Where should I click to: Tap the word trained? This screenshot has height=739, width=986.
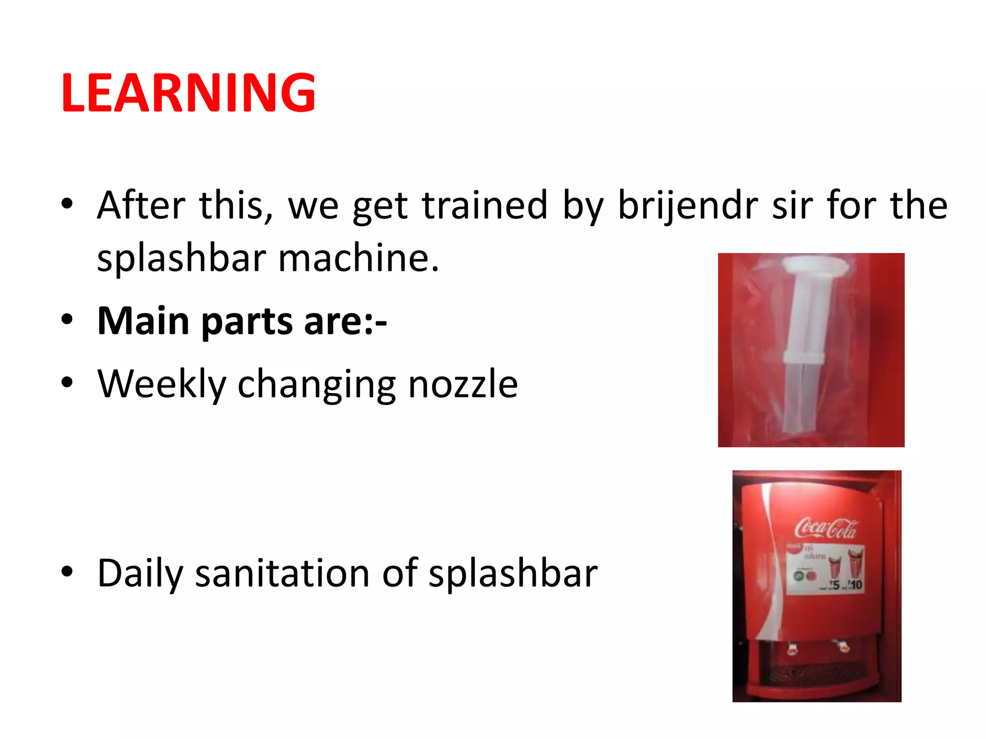(485, 205)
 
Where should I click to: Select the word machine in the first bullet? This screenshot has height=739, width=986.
(358, 258)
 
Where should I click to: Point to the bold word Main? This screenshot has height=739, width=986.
(143, 321)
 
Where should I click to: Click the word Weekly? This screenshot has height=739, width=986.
(162, 384)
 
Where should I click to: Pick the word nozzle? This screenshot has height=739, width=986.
(463, 384)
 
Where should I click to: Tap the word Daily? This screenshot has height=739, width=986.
(140, 573)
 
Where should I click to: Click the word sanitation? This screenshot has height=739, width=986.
(282, 573)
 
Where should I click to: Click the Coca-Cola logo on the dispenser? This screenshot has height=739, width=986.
(825, 528)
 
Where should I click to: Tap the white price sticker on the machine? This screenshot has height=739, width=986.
(825, 569)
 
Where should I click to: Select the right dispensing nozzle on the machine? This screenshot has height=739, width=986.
(843, 646)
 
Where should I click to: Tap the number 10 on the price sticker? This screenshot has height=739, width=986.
(856, 585)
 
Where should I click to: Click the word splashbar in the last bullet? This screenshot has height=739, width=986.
(513, 573)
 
